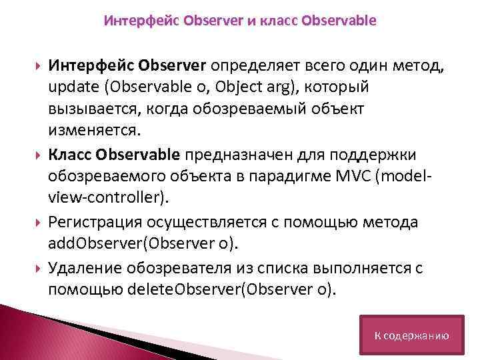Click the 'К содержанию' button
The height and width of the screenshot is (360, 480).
pyautogui.click(x=411, y=335)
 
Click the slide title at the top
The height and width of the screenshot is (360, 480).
pyautogui.click(x=240, y=21)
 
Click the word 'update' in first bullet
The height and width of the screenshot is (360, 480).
pyautogui.click(x=70, y=88)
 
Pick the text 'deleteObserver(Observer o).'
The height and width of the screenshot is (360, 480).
pyautogui.click(x=220, y=290)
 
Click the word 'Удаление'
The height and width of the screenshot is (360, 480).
pyautogui.click(x=81, y=268)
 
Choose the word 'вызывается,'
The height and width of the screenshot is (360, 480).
pyautogui.click(x=88, y=107)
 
